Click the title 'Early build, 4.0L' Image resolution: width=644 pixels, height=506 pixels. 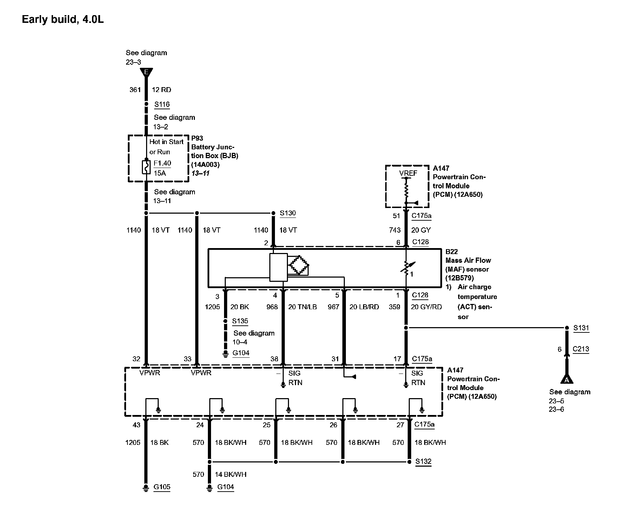click(63, 19)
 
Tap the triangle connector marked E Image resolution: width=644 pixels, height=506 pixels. click(146, 73)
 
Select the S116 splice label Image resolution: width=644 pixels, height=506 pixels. click(162, 104)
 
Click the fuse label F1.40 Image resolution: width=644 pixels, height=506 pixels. click(162, 163)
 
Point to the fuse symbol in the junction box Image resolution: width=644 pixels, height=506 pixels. click(146, 167)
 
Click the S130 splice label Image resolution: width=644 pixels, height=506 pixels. click(288, 213)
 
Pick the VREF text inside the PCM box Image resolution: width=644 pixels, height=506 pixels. click(408, 173)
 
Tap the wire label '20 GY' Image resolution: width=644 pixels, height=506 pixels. click(421, 230)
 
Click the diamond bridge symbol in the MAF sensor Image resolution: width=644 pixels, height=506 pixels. click(298, 265)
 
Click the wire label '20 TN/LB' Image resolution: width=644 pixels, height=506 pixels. click(302, 307)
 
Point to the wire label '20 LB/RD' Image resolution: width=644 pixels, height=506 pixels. click(364, 307)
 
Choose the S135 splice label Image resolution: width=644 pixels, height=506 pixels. click(240, 321)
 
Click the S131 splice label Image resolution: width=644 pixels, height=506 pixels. click(581, 328)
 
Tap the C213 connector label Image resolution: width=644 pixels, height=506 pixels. click(581, 349)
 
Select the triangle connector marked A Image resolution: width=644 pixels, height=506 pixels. click(566, 379)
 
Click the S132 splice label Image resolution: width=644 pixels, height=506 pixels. click(423, 461)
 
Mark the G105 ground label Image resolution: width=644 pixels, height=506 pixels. click(162, 487)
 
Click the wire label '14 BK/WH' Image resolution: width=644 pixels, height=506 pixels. click(230, 474)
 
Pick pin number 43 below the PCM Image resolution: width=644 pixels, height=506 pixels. click(136, 425)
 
